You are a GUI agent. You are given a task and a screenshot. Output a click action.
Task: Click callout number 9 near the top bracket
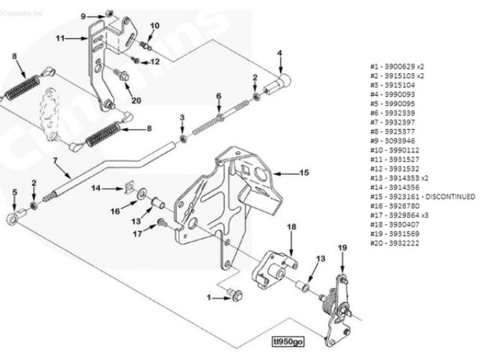pyautogui.click(x=84, y=16)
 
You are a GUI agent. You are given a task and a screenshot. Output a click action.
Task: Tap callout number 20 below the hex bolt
pyautogui.click(x=136, y=100)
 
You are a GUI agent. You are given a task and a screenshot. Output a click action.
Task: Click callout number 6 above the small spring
pyautogui.click(x=219, y=96)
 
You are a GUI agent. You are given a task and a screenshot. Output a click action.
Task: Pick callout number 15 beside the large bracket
pyautogui.click(x=304, y=172)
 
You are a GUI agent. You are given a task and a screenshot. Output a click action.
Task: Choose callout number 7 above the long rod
pyautogui.click(x=55, y=160)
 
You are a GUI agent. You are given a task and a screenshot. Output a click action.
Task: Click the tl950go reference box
pyautogui.click(x=289, y=342)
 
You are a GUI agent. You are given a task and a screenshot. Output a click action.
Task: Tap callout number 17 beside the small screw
pyautogui.click(x=137, y=233)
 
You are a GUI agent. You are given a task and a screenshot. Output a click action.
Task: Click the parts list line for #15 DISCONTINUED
pyautogui.click(x=422, y=196)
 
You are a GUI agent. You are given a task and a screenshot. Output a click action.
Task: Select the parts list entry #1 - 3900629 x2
pyautogui.click(x=397, y=66)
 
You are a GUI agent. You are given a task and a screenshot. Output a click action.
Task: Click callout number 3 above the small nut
pyautogui.click(x=182, y=119)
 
